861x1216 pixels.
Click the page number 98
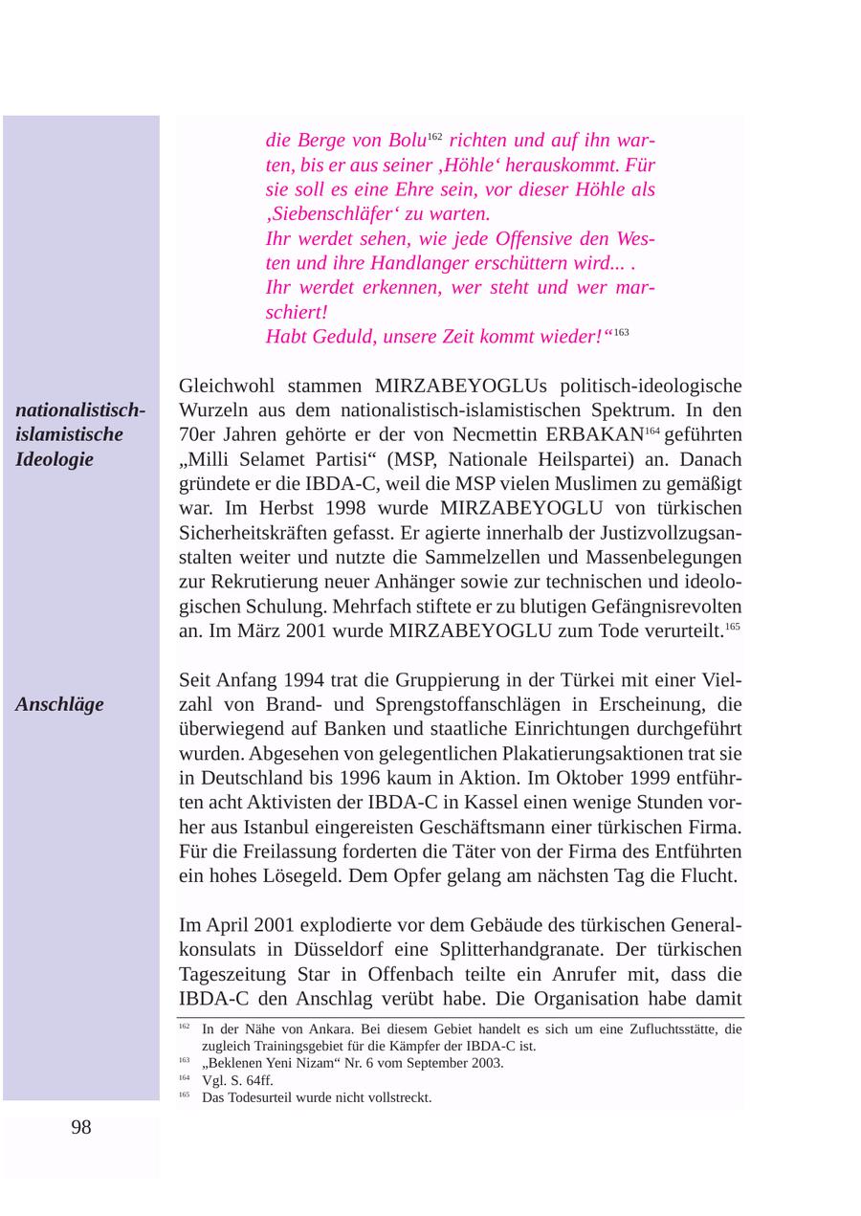pyautogui.click(x=81, y=1128)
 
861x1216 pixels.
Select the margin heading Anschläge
pyautogui.click(x=59, y=705)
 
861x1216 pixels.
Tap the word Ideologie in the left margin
pyautogui.click(x=55, y=459)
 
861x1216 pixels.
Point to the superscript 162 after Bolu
pyautogui.click(x=434, y=135)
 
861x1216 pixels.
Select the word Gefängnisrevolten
pyautogui.click(x=651, y=607)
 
